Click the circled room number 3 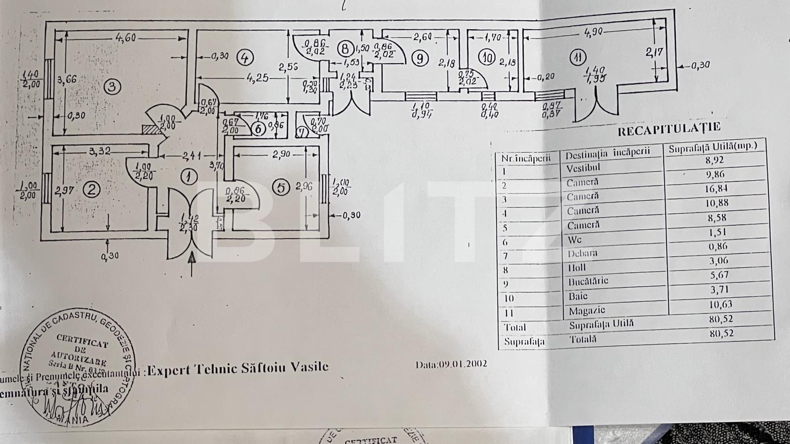pyautogui.click(x=112, y=87)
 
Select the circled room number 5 pyautogui.click(x=281, y=187)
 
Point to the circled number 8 pyautogui.click(x=345, y=48)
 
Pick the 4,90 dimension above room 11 pyautogui.click(x=594, y=32)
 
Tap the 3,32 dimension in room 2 pyautogui.click(x=100, y=151)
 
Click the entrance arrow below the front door pyautogui.click(x=193, y=263)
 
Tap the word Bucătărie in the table pyautogui.click(x=588, y=281)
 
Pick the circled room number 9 pyautogui.click(x=420, y=58)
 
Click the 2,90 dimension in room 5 pyautogui.click(x=281, y=154)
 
